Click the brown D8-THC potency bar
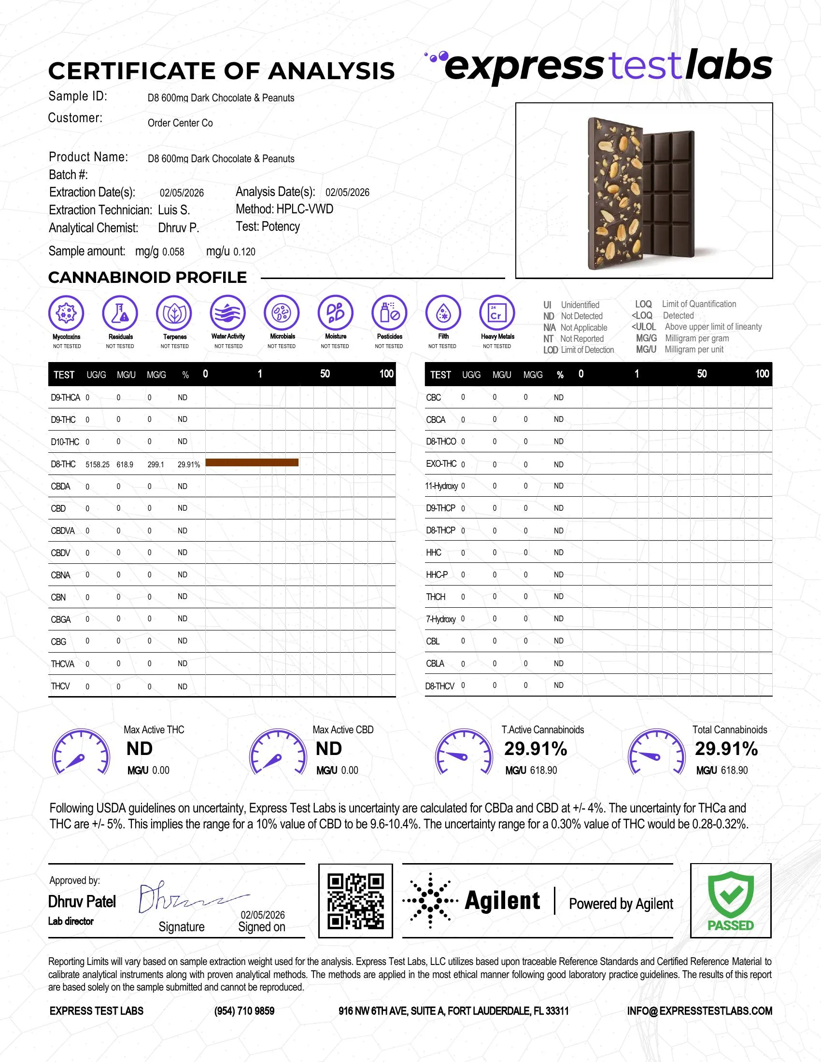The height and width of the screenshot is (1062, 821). tap(252, 462)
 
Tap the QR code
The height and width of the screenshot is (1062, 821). tap(355, 901)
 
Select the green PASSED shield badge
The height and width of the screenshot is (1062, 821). tap(731, 901)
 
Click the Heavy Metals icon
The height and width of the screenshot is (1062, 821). tap(496, 313)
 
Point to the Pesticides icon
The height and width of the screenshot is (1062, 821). tap(389, 313)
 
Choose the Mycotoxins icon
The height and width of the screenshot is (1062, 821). tap(67, 313)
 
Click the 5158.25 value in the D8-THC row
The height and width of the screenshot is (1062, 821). tap(97, 464)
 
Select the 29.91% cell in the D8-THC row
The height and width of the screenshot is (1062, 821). tap(189, 464)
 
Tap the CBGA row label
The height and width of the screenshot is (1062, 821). tap(61, 619)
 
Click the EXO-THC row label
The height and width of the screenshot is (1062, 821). tap(441, 464)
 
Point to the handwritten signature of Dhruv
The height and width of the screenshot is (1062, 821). tap(190, 899)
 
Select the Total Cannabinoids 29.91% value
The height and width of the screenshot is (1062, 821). tap(726, 749)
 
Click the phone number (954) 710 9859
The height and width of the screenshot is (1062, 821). tap(244, 1011)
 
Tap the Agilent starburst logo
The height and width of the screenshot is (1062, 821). tap(430, 901)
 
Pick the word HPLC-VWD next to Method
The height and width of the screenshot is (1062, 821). tap(305, 209)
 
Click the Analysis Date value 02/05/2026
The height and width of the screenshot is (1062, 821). tap(347, 193)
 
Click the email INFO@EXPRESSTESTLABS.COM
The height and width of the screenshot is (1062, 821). tap(699, 1011)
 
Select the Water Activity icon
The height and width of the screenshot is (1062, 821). tap(228, 313)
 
